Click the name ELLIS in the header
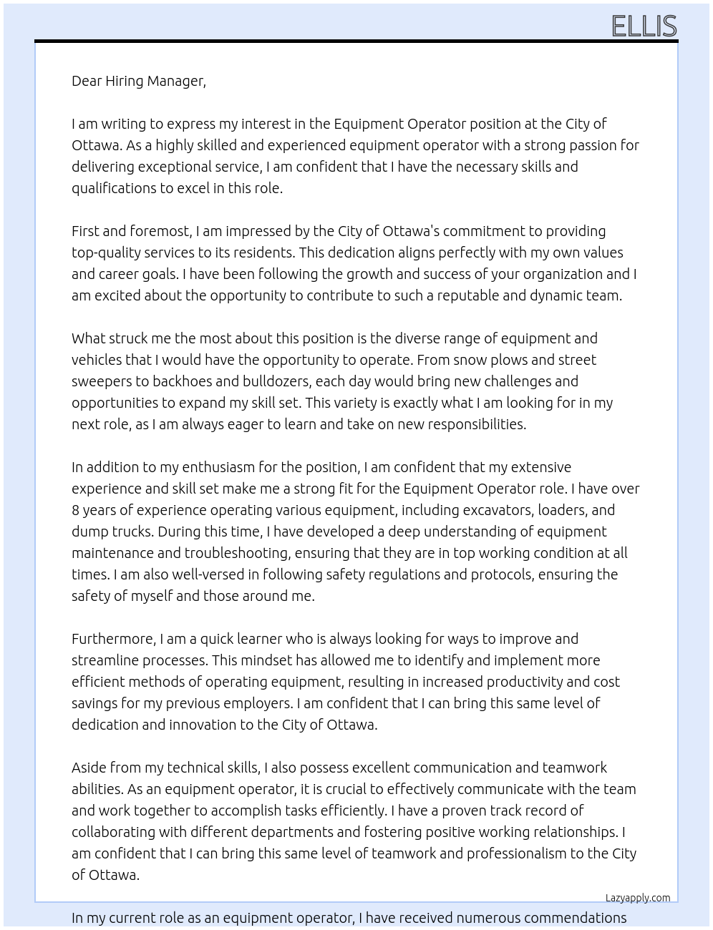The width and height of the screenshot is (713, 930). (x=644, y=26)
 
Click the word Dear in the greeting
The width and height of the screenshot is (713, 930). (x=87, y=81)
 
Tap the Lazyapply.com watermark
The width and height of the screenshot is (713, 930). (x=637, y=898)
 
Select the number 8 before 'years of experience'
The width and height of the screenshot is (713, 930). (x=76, y=510)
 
